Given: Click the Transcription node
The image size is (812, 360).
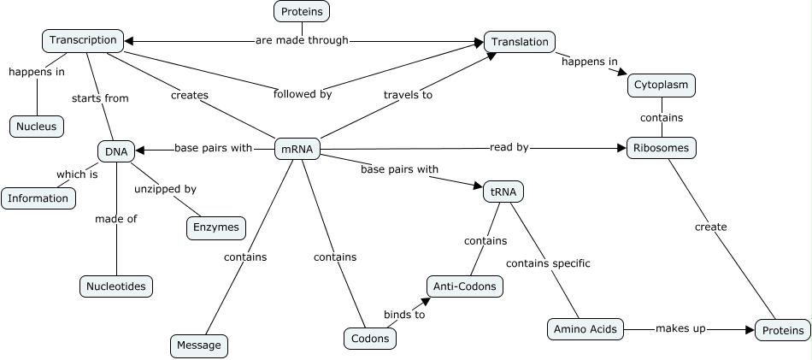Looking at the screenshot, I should click(x=83, y=40).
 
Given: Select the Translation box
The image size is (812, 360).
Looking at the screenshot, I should click(x=520, y=41).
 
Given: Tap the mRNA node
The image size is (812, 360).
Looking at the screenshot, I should click(x=297, y=149).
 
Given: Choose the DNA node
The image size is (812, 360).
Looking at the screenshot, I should click(x=116, y=152).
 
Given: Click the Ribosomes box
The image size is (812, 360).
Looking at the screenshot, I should click(x=662, y=148).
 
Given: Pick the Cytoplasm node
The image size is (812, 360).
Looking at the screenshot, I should click(x=662, y=86).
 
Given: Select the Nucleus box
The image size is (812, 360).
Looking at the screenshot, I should click(x=37, y=127).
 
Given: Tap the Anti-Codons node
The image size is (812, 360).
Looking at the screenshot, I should click(x=464, y=286).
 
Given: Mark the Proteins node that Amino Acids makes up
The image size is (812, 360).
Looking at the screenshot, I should click(x=782, y=330).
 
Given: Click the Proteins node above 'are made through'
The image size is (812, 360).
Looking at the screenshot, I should click(x=302, y=11).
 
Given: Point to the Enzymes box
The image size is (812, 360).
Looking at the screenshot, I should click(x=216, y=227).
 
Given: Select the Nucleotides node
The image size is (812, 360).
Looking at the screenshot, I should click(x=116, y=286).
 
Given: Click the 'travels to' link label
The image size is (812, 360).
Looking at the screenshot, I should click(x=408, y=95).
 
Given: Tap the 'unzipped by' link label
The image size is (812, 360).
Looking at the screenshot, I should click(x=165, y=188).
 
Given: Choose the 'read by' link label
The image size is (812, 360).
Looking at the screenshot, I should click(x=509, y=147).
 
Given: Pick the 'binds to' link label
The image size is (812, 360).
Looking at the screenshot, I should click(x=403, y=314).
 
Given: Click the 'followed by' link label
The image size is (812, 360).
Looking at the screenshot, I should click(x=303, y=94).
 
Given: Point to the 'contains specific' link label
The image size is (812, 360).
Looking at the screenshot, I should click(x=548, y=263).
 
